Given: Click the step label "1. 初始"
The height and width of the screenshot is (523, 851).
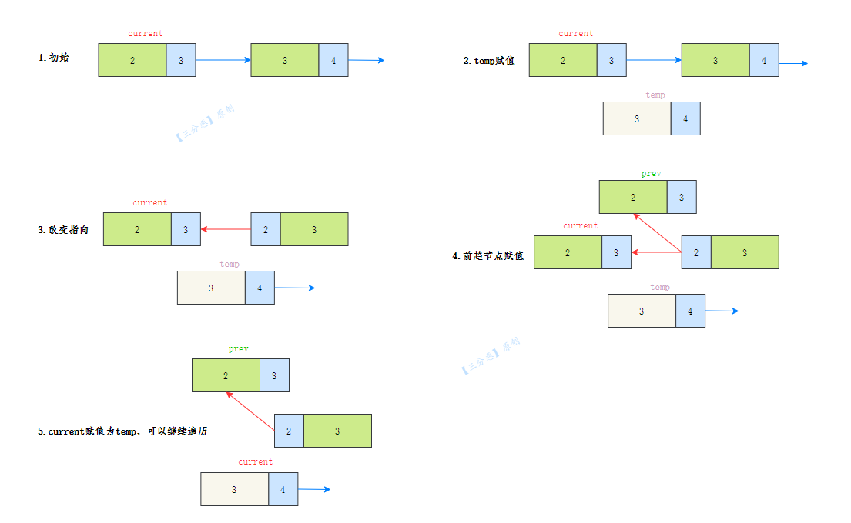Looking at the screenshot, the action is pos(53,58).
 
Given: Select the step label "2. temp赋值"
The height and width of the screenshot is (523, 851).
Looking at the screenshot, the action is pos(488,61).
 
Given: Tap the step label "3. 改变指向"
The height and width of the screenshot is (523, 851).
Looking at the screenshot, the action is pos(63,230).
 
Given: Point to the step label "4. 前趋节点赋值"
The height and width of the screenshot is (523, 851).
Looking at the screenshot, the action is pos(488,256).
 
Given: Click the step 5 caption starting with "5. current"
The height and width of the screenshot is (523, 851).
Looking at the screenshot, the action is pos(122,431).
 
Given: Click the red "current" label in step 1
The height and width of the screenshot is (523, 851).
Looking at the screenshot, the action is pos(145,34).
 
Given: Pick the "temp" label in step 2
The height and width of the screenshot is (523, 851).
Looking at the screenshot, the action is pos(655,95).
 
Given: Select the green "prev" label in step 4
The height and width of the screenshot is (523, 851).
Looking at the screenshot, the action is pos(652,173).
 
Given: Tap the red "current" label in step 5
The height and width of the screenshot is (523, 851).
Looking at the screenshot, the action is pos(255,461).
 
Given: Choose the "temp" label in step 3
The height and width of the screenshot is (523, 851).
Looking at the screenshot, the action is pos(229,264).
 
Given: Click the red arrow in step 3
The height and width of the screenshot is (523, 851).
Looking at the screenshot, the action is pos(226,229).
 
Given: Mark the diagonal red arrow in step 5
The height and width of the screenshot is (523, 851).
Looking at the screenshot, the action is pos(250,411).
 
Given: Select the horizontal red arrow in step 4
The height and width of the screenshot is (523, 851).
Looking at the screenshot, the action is pos(656,252).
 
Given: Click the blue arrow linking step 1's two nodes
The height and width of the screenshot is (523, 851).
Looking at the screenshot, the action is pos(223,60).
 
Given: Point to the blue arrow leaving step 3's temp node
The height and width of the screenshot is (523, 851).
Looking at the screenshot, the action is pos(295,288).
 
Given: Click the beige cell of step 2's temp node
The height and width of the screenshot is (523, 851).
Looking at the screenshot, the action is pos(637,118).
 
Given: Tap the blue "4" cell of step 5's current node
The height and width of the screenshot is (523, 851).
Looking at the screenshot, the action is pos(283,489).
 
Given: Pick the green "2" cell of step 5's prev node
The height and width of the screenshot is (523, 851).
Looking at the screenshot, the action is pos(226,375).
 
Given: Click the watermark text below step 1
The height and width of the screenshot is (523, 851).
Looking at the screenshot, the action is pos(205,122).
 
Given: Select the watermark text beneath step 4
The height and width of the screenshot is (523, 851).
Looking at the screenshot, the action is pos(491,355).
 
